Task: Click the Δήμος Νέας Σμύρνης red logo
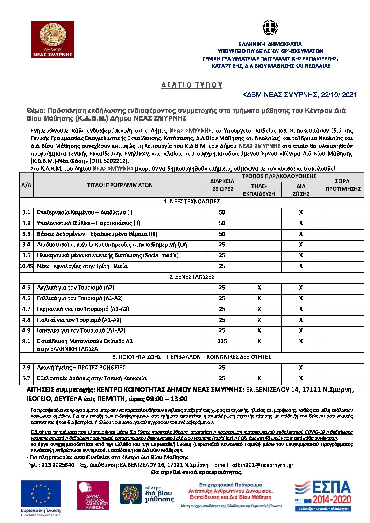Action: [x=53, y=39]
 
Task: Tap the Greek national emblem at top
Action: [x=270, y=28]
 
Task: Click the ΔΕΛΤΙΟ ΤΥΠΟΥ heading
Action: [x=192, y=85]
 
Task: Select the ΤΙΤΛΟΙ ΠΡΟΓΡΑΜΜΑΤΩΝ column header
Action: [x=120, y=185]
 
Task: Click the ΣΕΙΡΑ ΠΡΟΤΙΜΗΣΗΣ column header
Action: [x=342, y=185]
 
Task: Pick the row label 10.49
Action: [x=26, y=266]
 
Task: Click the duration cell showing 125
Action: [x=222, y=341]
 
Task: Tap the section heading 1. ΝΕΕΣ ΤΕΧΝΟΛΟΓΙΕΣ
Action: [x=192, y=202]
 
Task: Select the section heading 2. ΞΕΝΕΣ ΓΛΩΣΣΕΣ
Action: [x=192, y=277]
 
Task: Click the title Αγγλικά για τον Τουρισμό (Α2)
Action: [x=76, y=288]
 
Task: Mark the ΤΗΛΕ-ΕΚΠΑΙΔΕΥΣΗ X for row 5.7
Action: [x=259, y=378]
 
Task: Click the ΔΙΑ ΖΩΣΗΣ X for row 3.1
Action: [x=301, y=212]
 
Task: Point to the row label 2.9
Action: [x=26, y=368]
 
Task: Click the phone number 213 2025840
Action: [x=58, y=465]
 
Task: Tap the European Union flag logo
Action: [x=41, y=493]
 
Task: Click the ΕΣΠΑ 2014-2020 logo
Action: [x=322, y=495]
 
